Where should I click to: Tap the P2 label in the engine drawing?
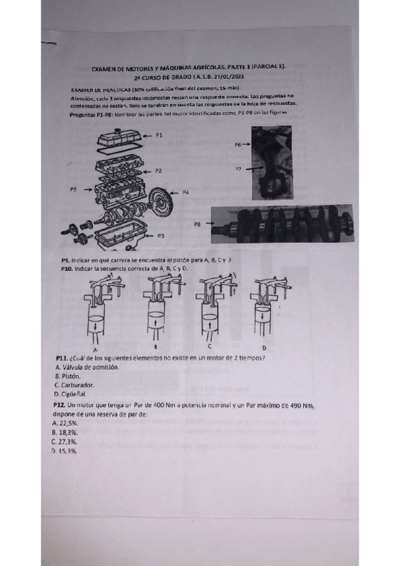coord(158,171)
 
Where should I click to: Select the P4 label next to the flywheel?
coord(186,192)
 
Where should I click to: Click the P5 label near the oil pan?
coord(161,236)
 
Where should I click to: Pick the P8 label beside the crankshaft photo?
coord(197,225)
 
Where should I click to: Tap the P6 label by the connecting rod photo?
coord(238,144)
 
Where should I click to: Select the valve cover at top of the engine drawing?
coord(120,139)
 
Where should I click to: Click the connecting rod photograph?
coord(271,164)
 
